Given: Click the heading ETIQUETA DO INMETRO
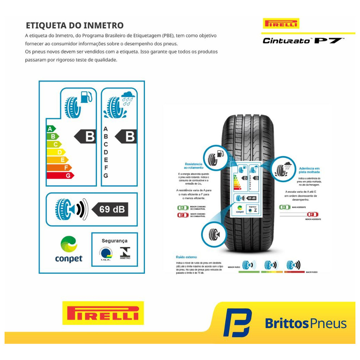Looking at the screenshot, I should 75,26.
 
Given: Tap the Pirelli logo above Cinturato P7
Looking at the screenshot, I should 281,24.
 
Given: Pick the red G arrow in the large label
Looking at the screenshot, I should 60,175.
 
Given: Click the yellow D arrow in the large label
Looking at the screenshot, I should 56,152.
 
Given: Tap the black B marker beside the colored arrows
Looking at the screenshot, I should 85,136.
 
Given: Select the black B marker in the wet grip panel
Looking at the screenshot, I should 126,136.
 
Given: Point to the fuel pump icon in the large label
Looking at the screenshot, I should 86,97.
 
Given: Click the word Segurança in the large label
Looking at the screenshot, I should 114,241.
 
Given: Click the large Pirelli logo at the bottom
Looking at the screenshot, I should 103,313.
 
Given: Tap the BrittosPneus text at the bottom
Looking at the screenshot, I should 306,323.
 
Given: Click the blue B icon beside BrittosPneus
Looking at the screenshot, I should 237,322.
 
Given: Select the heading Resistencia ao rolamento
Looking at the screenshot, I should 193,166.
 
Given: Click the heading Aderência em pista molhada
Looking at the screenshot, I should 309,170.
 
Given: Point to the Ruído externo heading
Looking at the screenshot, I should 186,257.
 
